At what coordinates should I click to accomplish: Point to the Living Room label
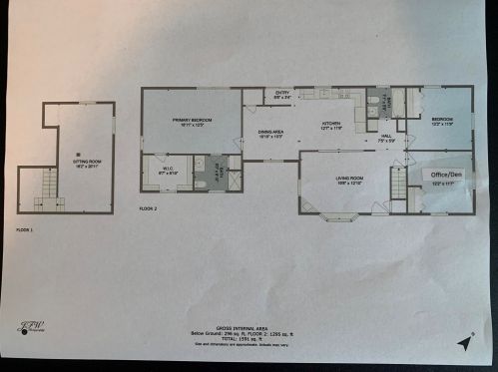pyautogui.click(x=347, y=181)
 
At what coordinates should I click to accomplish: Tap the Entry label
pyautogui.click(x=283, y=95)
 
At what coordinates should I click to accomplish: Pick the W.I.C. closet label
pyautogui.click(x=169, y=171)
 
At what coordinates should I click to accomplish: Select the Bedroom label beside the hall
pyautogui.click(x=442, y=122)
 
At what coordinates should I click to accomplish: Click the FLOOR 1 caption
pyautogui.click(x=25, y=229)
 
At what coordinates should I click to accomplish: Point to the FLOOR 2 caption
pyautogui.click(x=149, y=208)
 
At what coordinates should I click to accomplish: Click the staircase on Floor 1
pyautogui.click(x=43, y=187)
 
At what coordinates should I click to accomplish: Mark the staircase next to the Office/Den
pyautogui.click(x=398, y=184)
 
